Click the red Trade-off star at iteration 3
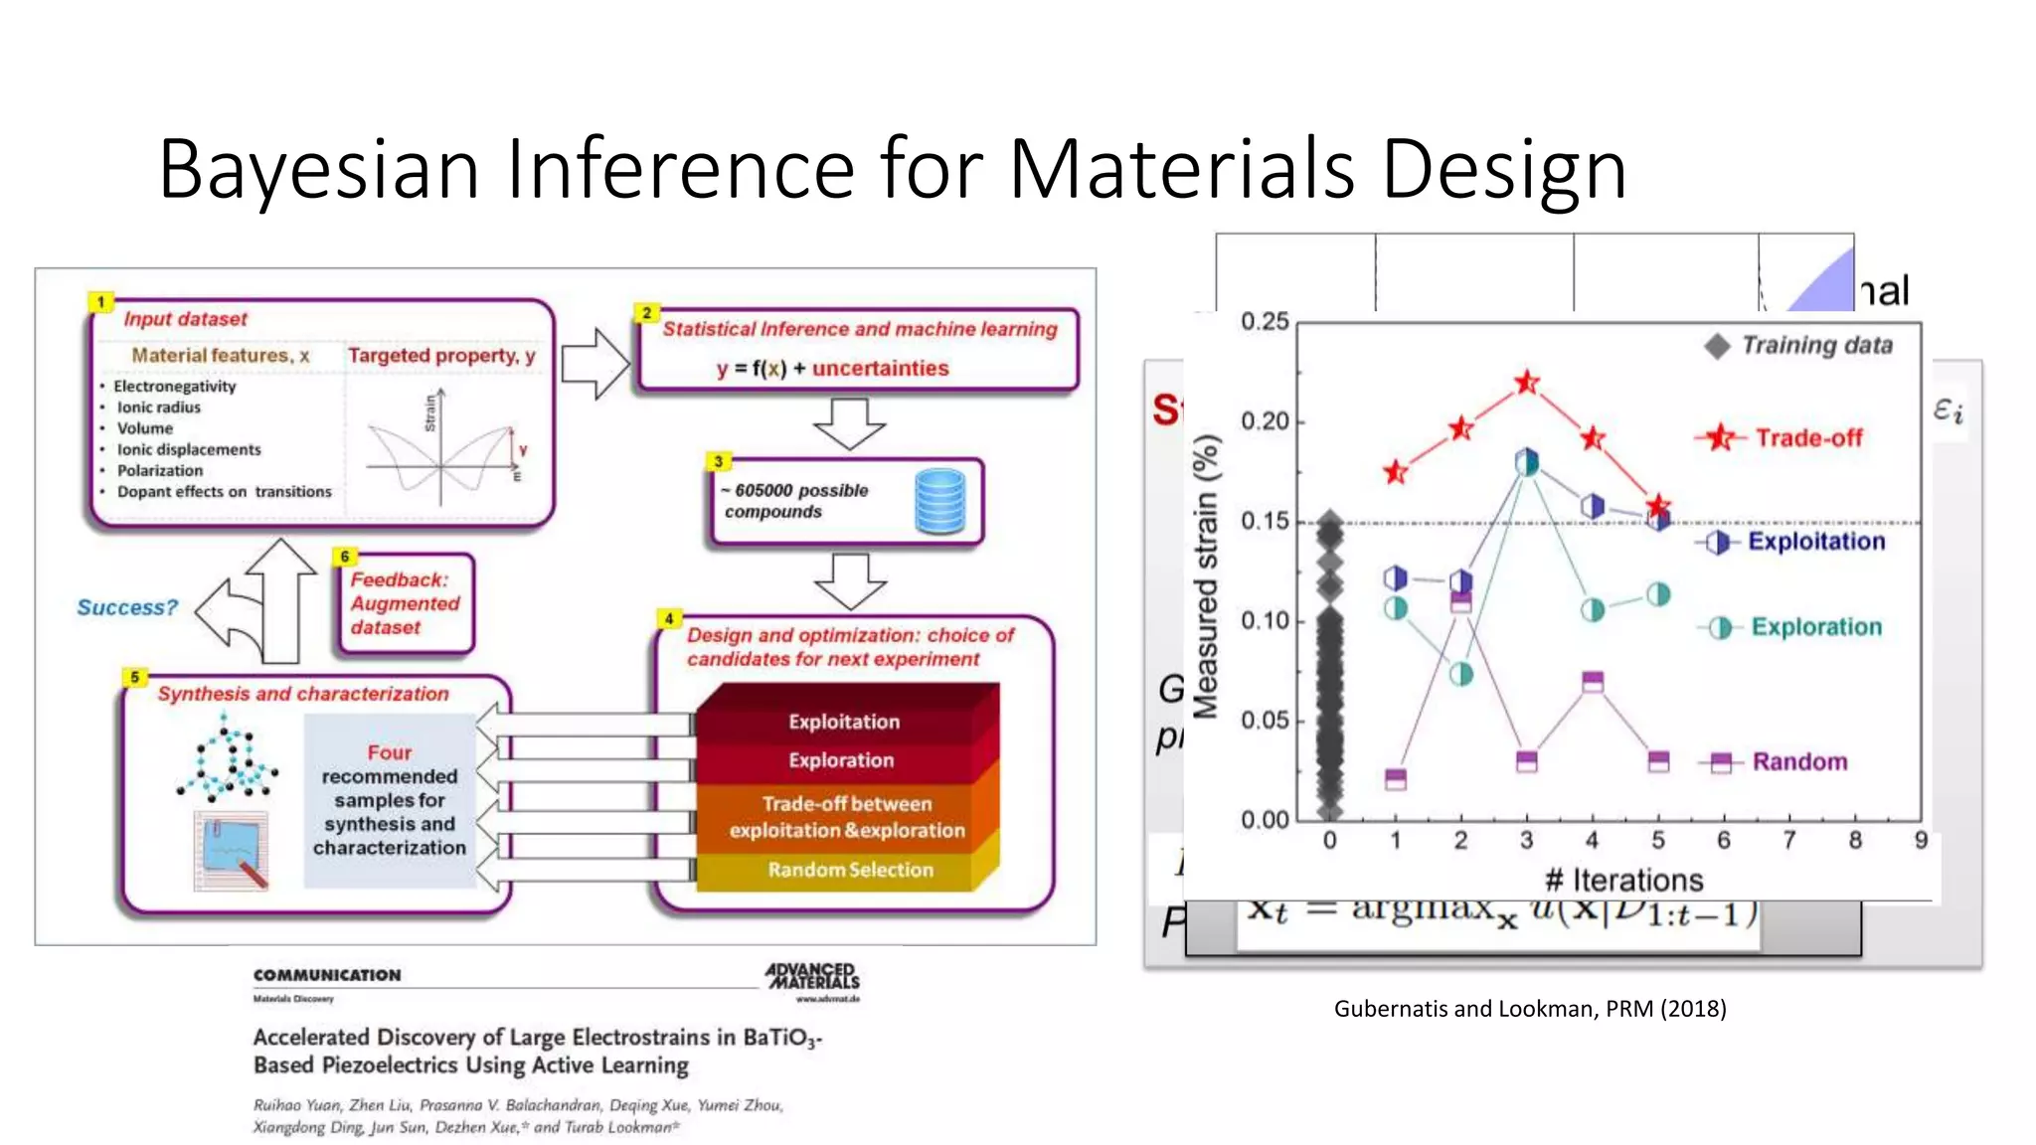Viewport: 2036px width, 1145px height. tap(1527, 383)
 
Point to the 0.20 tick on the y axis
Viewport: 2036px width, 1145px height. tap(1265, 421)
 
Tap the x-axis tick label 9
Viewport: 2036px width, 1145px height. tap(1921, 841)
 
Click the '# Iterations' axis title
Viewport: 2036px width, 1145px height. tap(1623, 880)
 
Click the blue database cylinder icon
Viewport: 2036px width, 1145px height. tap(939, 501)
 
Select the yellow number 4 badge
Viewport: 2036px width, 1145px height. tap(669, 619)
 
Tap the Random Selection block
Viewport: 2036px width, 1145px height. tap(850, 870)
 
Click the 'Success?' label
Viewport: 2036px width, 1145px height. tap(127, 607)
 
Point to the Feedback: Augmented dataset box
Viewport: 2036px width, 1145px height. tap(405, 604)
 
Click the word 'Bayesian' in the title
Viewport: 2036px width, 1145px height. tap(319, 169)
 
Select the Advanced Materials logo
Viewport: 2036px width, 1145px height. tap(812, 976)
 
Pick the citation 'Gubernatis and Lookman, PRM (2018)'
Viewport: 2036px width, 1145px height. tap(1530, 1009)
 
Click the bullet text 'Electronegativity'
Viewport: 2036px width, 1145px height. tap(175, 387)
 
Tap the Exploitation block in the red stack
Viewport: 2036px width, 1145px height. tap(844, 722)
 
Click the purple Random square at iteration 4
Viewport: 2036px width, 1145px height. tap(1593, 682)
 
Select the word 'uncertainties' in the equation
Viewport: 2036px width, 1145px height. tap(880, 369)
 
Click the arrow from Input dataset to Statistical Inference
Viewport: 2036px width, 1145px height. tap(595, 364)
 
